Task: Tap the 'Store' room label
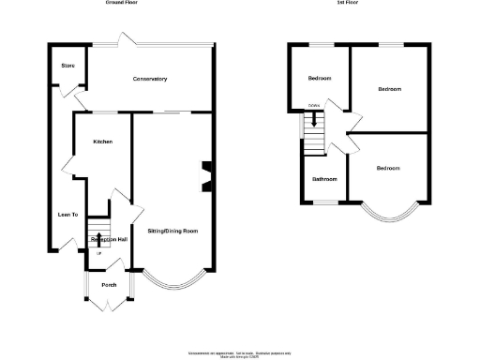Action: click(67, 66)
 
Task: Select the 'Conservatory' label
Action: click(150, 79)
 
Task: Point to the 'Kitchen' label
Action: click(102, 142)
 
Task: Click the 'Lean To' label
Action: click(67, 215)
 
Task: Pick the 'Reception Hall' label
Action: click(109, 240)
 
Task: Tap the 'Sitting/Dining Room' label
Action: click(172, 230)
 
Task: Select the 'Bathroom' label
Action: click(324, 178)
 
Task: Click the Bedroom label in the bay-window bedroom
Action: click(388, 168)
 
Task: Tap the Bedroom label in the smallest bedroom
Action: click(320, 78)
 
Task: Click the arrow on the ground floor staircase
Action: click(99, 239)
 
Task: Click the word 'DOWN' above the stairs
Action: click(314, 105)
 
